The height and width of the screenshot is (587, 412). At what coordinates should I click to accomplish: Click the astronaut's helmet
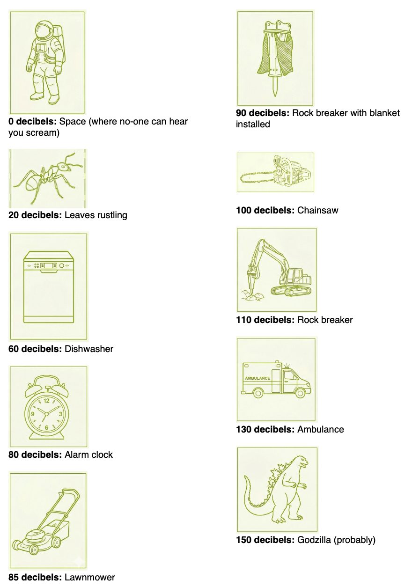(44, 30)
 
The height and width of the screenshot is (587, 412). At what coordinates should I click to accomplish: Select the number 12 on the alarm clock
(46, 401)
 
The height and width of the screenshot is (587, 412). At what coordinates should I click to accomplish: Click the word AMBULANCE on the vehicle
(257, 378)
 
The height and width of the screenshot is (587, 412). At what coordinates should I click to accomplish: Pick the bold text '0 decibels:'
(32, 121)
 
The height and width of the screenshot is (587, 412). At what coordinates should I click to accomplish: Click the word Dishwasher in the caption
(89, 349)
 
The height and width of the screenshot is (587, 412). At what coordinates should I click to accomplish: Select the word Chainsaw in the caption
(317, 210)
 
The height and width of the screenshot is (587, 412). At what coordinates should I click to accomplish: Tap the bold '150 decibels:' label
(265, 540)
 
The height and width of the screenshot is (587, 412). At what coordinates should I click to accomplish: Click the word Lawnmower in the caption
(89, 577)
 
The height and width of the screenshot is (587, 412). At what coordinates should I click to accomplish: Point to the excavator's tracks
(291, 290)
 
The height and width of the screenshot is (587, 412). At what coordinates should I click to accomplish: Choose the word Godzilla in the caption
(314, 540)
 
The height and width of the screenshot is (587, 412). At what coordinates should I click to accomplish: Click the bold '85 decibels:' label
(35, 577)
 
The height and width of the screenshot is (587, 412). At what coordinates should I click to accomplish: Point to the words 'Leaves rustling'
(96, 215)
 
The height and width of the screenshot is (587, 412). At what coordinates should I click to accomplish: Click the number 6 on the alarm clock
(46, 428)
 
